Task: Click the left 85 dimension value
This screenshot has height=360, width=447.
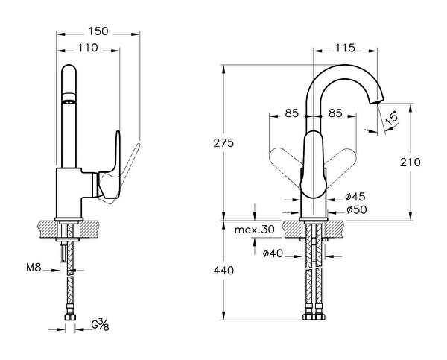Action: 291,114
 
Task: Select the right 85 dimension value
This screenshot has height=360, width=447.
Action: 335,114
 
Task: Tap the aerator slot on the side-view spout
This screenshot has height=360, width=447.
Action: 69,98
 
